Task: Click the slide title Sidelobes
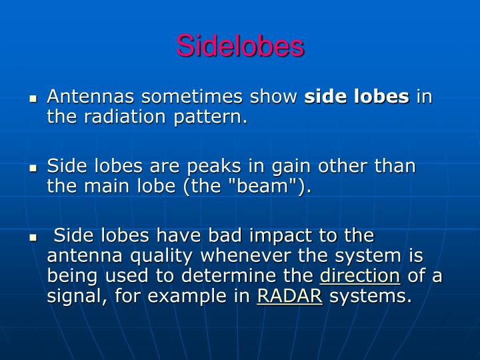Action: point(240,46)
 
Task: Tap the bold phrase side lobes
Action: point(357,97)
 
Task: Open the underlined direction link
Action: point(360,276)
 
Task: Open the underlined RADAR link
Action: point(289,296)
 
